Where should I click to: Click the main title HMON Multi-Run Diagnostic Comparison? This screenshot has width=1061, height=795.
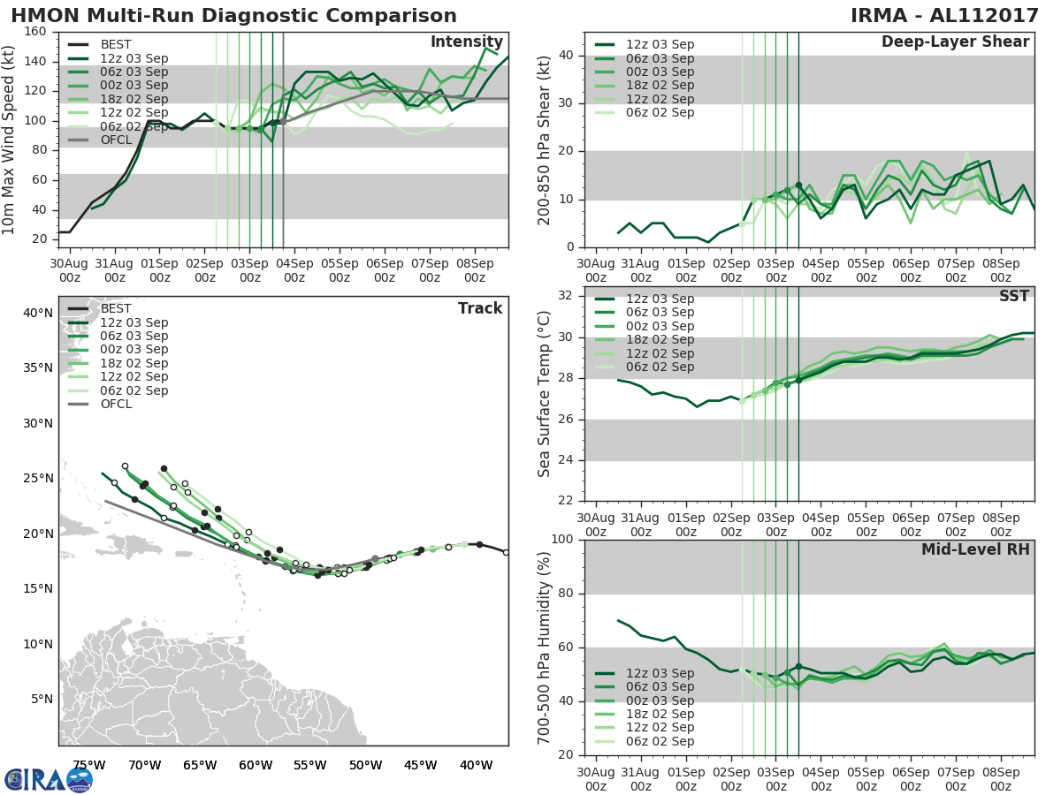tap(234, 16)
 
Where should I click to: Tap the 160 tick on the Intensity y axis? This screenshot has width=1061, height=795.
tap(36, 32)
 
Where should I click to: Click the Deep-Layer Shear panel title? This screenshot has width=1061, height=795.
tap(955, 42)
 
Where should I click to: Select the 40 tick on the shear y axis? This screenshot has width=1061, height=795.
tap(567, 56)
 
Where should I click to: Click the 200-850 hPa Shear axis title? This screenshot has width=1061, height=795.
tap(545, 140)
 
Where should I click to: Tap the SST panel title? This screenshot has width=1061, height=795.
tap(1015, 296)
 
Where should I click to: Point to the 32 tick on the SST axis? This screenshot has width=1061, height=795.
tap(567, 296)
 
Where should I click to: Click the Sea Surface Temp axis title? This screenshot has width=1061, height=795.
tap(545, 394)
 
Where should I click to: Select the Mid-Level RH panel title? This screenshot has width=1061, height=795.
tap(975, 549)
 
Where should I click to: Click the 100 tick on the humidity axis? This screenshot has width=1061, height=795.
tap(563, 540)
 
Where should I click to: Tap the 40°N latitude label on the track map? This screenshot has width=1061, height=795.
tap(38, 313)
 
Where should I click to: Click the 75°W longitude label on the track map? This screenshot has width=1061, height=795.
tap(88, 765)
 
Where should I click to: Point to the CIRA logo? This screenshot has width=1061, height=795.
tap(49, 779)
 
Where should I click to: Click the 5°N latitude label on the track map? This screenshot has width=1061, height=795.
tap(42, 700)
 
